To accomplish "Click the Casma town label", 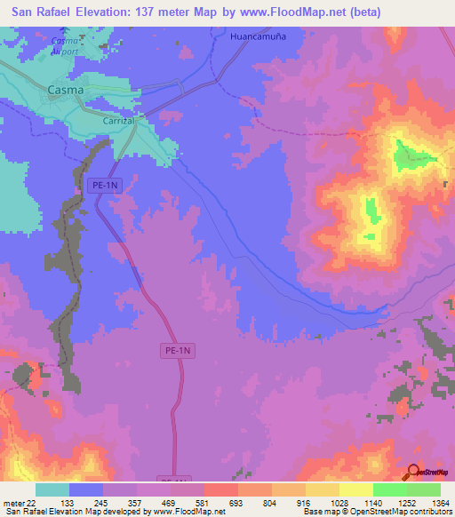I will click(65, 90).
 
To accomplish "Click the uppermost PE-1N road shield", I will click(105, 185).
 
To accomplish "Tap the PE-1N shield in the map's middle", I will click(179, 351).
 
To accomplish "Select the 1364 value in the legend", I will click(429, 502).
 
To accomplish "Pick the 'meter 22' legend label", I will click(19, 502).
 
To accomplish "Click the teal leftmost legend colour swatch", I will click(52, 489).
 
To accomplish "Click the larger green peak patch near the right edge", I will click(410, 156).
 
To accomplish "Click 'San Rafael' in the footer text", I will click(26, 512).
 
